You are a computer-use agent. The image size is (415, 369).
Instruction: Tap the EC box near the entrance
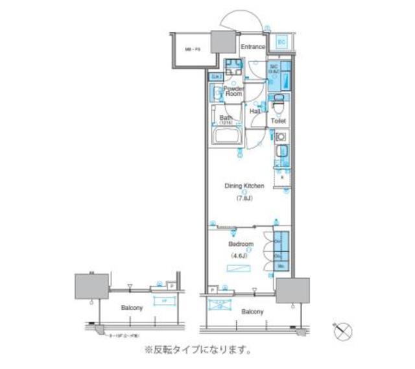tap(281, 43)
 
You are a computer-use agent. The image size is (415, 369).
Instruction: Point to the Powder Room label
tap(233, 91)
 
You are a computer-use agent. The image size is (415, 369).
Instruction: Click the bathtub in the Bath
tap(227, 136)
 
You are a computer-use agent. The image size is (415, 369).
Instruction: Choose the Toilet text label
tap(278, 121)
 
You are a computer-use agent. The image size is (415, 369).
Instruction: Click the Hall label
tap(255, 112)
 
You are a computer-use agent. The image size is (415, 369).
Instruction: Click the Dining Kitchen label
tap(244, 186)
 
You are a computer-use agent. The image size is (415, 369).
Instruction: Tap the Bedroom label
tap(241, 244)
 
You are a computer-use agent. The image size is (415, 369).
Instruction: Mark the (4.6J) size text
tap(240, 256)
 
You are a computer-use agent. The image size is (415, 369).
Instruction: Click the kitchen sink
tap(279, 152)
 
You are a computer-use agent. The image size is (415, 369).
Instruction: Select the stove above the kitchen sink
tap(279, 137)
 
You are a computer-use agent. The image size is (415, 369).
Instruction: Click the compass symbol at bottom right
tap(343, 331)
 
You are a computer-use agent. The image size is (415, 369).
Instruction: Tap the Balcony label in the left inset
tap(132, 307)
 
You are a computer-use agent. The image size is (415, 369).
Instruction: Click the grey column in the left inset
tap(91, 285)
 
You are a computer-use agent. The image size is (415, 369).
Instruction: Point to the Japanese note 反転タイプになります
tap(198, 350)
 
